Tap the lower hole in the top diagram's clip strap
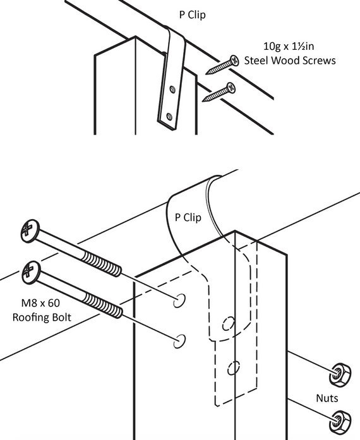[x=169, y=116]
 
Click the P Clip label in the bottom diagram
[x=188, y=218]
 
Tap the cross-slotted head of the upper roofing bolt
[x=28, y=230]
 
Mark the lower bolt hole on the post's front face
[x=179, y=342]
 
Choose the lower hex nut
[x=339, y=417]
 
